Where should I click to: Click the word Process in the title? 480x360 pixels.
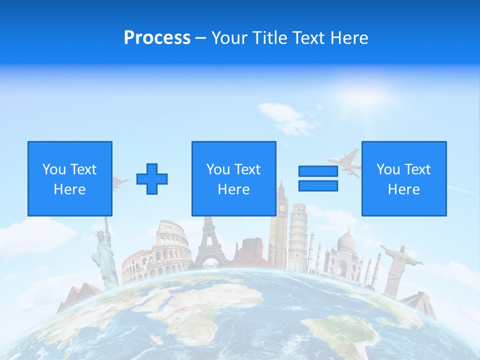coord(157,38)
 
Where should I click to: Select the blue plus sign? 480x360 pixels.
coord(152,179)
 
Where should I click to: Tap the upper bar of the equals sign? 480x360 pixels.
coord(318,171)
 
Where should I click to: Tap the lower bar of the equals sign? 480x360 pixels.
coord(318,185)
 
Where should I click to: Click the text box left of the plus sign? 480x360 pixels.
coord(70,178)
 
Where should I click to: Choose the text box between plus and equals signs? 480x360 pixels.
coord(233,178)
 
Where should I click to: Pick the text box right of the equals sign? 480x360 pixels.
coord(403,178)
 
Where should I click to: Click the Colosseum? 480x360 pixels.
coord(156,255)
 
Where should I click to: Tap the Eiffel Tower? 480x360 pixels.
coord(210,245)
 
